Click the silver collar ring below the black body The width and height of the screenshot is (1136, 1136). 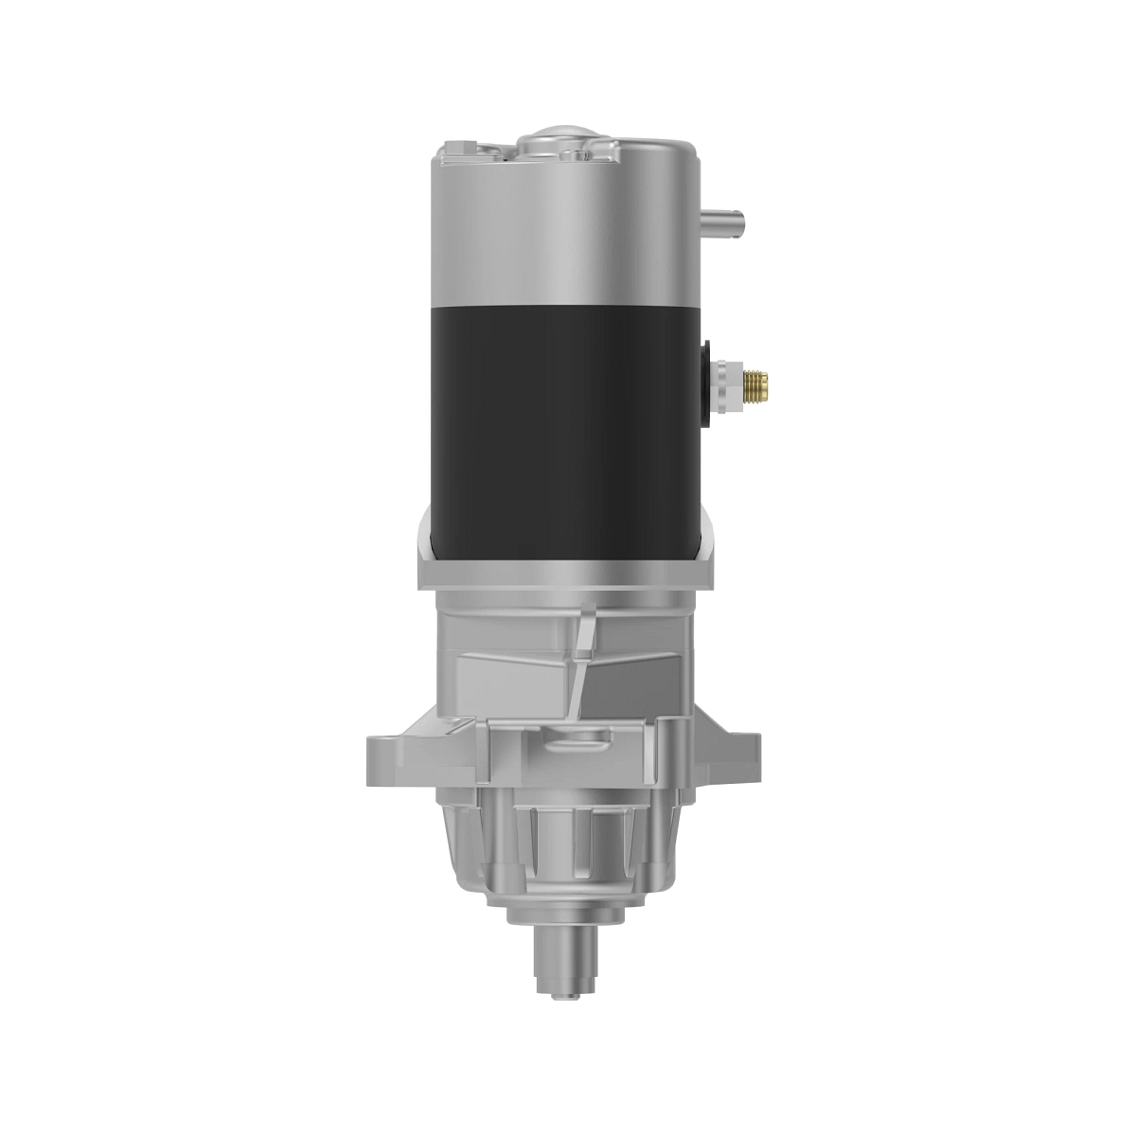click(565, 574)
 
